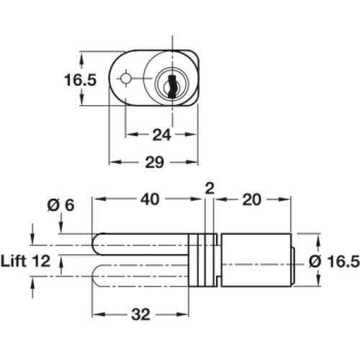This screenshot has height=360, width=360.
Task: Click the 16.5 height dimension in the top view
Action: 80,80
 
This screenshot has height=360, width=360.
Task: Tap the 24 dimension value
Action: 161,135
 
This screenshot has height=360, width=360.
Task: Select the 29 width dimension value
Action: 155,162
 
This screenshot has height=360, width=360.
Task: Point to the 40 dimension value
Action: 150,199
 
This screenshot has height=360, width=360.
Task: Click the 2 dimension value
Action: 210,189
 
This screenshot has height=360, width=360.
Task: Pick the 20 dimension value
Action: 251,199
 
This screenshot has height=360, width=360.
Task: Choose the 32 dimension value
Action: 140,315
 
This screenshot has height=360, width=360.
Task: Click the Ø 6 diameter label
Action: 60,205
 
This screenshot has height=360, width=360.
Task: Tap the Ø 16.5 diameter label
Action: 334,261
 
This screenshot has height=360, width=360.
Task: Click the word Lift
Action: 13,261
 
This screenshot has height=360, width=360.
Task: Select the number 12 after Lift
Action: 41,261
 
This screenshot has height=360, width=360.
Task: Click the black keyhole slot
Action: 172,86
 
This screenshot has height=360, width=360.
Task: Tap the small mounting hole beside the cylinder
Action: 125,78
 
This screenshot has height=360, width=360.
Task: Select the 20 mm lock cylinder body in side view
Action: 256,260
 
